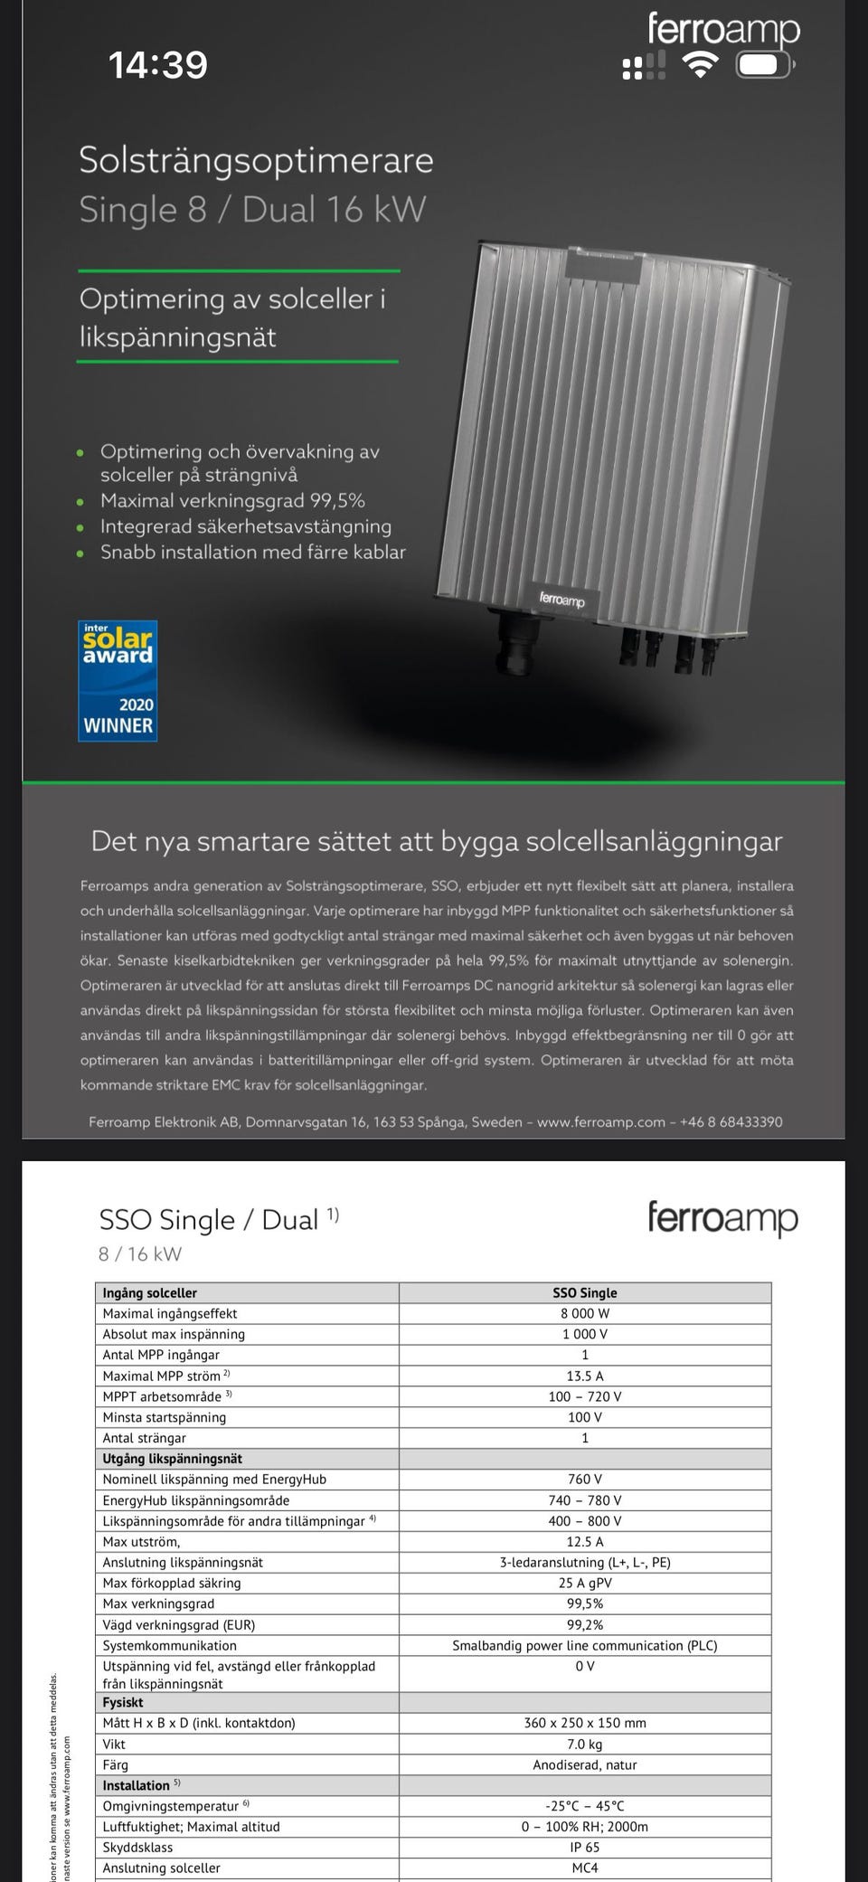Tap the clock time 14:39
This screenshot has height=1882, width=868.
[158, 65]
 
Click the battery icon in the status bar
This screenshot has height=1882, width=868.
[765, 65]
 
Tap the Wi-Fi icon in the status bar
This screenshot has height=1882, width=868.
[700, 65]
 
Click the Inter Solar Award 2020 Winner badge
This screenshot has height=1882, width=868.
[118, 680]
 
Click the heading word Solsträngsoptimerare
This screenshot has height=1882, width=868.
[256, 160]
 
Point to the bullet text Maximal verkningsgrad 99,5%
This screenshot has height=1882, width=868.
[232, 500]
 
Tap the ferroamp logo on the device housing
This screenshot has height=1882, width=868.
[561, 599]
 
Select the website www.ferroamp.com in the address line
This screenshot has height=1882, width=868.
[600, 1121]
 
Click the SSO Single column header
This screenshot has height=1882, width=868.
[584, 1292]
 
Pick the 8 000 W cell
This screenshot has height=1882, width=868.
[584, 1313]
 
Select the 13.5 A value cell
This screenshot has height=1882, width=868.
[584, 1376]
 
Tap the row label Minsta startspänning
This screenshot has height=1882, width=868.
[165, 1417]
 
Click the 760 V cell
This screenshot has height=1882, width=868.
[584, 1480]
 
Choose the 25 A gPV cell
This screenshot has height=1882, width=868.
[584, 1583]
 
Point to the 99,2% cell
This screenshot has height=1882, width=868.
[584, 1624]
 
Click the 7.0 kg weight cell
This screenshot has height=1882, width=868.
[584, 1744]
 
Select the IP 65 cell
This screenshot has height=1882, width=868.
[584, 1847]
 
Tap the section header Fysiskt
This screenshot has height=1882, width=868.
[123, 1702]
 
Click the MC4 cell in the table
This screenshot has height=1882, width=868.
[584, 1868]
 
